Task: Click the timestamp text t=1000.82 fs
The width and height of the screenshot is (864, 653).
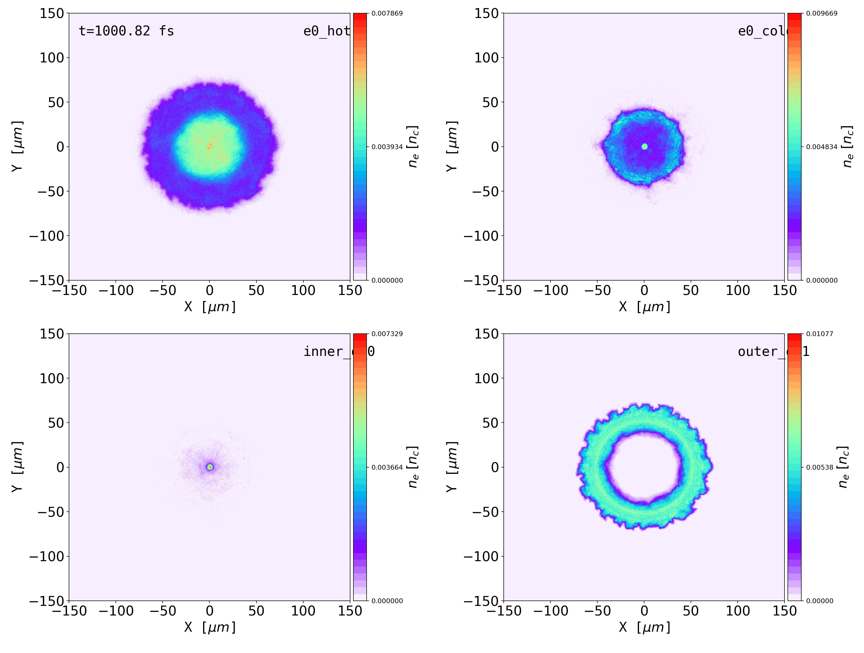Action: [x=126, y=31]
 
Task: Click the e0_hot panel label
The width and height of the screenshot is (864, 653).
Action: [x=326, y=31]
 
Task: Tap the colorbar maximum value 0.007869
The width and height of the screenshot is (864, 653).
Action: [x=387, y=13]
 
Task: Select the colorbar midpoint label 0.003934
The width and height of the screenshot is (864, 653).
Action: [x=387, y=147]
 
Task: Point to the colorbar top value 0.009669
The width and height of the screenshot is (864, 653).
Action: [x=821, y=13]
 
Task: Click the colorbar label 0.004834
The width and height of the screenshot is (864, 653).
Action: [x=821, y=147]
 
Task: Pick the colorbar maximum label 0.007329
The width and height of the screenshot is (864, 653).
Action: [x=387, y=334]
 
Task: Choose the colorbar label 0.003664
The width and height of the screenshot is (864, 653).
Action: [x=387, y=467]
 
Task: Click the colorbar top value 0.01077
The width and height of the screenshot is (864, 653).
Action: [x=820, y=334]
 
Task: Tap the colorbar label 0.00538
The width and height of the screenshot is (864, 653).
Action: [x=820, y=467]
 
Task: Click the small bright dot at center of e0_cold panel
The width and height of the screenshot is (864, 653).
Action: [x=644, y=146]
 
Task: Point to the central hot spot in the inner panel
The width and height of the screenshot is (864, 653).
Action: [x=210, y=467]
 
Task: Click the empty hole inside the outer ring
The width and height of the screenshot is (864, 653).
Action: [x=644, y=467]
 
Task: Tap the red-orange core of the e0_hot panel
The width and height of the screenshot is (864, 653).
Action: [x=210, y=146]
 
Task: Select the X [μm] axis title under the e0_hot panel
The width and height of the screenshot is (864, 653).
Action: [x=210, y=307]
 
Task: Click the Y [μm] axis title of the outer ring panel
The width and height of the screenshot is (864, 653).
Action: [x=451, y=467]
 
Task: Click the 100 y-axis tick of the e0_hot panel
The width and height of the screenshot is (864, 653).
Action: [x=52, y=58]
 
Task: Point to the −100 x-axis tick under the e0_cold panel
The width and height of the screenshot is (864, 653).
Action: [x=551, y=290]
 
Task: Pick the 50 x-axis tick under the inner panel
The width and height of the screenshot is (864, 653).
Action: [x=256, y=611]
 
